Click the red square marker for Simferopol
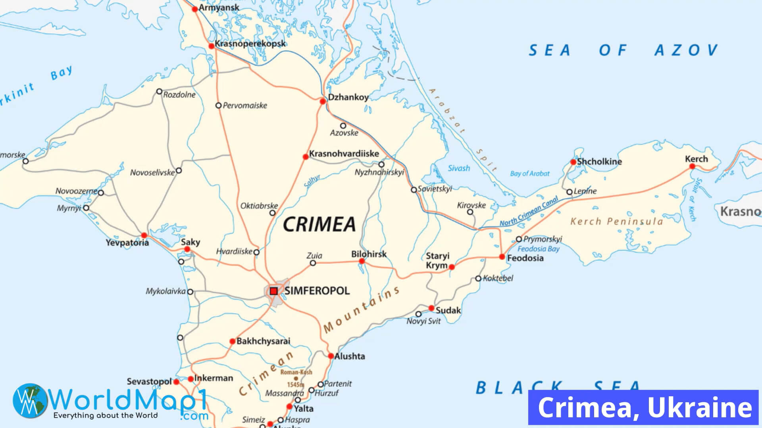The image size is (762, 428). (273, 291)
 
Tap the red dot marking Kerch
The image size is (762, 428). (692, 166)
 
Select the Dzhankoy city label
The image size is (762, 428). (348, 97)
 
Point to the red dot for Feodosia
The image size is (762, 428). (502, 257)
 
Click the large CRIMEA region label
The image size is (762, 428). (319, 225)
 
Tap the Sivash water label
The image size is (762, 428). (459, 168)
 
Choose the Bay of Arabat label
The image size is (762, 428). (529, 174)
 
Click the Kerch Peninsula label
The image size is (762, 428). (616, 222)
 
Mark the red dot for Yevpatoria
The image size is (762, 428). (144, 235)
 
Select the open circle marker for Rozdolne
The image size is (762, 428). (159, 92)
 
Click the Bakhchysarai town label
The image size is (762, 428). (263, 341)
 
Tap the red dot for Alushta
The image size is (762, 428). (331, 356)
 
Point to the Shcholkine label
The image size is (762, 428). (599, 162)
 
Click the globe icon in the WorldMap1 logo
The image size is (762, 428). (30, 400)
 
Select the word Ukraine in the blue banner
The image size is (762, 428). (700, 407)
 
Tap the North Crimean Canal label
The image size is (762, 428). (529, 212)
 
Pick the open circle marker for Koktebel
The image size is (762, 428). (478, 279)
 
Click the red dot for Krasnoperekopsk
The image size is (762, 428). (212, 46)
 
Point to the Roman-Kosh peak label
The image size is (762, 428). (296, 372)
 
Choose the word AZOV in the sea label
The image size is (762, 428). (686, 50)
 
